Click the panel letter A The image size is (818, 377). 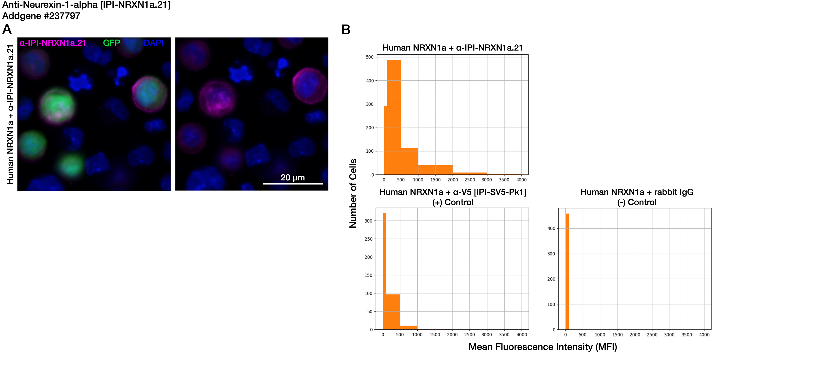(7, 29)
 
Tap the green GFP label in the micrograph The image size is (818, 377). (111, 43)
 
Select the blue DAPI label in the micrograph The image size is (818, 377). (154, 43)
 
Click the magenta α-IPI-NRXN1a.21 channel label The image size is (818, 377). (53, 43)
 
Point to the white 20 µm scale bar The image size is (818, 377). (293, 183)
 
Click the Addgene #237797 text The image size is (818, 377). (41, 16)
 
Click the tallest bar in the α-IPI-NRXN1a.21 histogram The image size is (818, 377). (394, 117)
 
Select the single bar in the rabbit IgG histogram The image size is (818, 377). (567, 272)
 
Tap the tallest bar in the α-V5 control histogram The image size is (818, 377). (384, 272)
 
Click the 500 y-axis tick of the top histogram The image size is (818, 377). (370, 57)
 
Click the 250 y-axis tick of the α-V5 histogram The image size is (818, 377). (369, 239)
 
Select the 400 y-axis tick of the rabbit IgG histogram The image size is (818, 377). (552, 228)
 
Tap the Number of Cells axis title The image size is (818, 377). (353, 193)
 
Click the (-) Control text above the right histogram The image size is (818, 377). (637, 202)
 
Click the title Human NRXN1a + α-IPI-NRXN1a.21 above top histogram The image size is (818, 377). (453, 48)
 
